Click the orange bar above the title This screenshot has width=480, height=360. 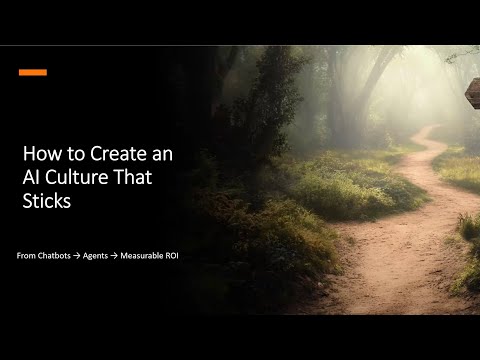pos(33,72)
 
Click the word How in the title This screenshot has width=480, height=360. pos(40,156)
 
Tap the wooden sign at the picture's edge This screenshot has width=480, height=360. pos(473,92)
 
